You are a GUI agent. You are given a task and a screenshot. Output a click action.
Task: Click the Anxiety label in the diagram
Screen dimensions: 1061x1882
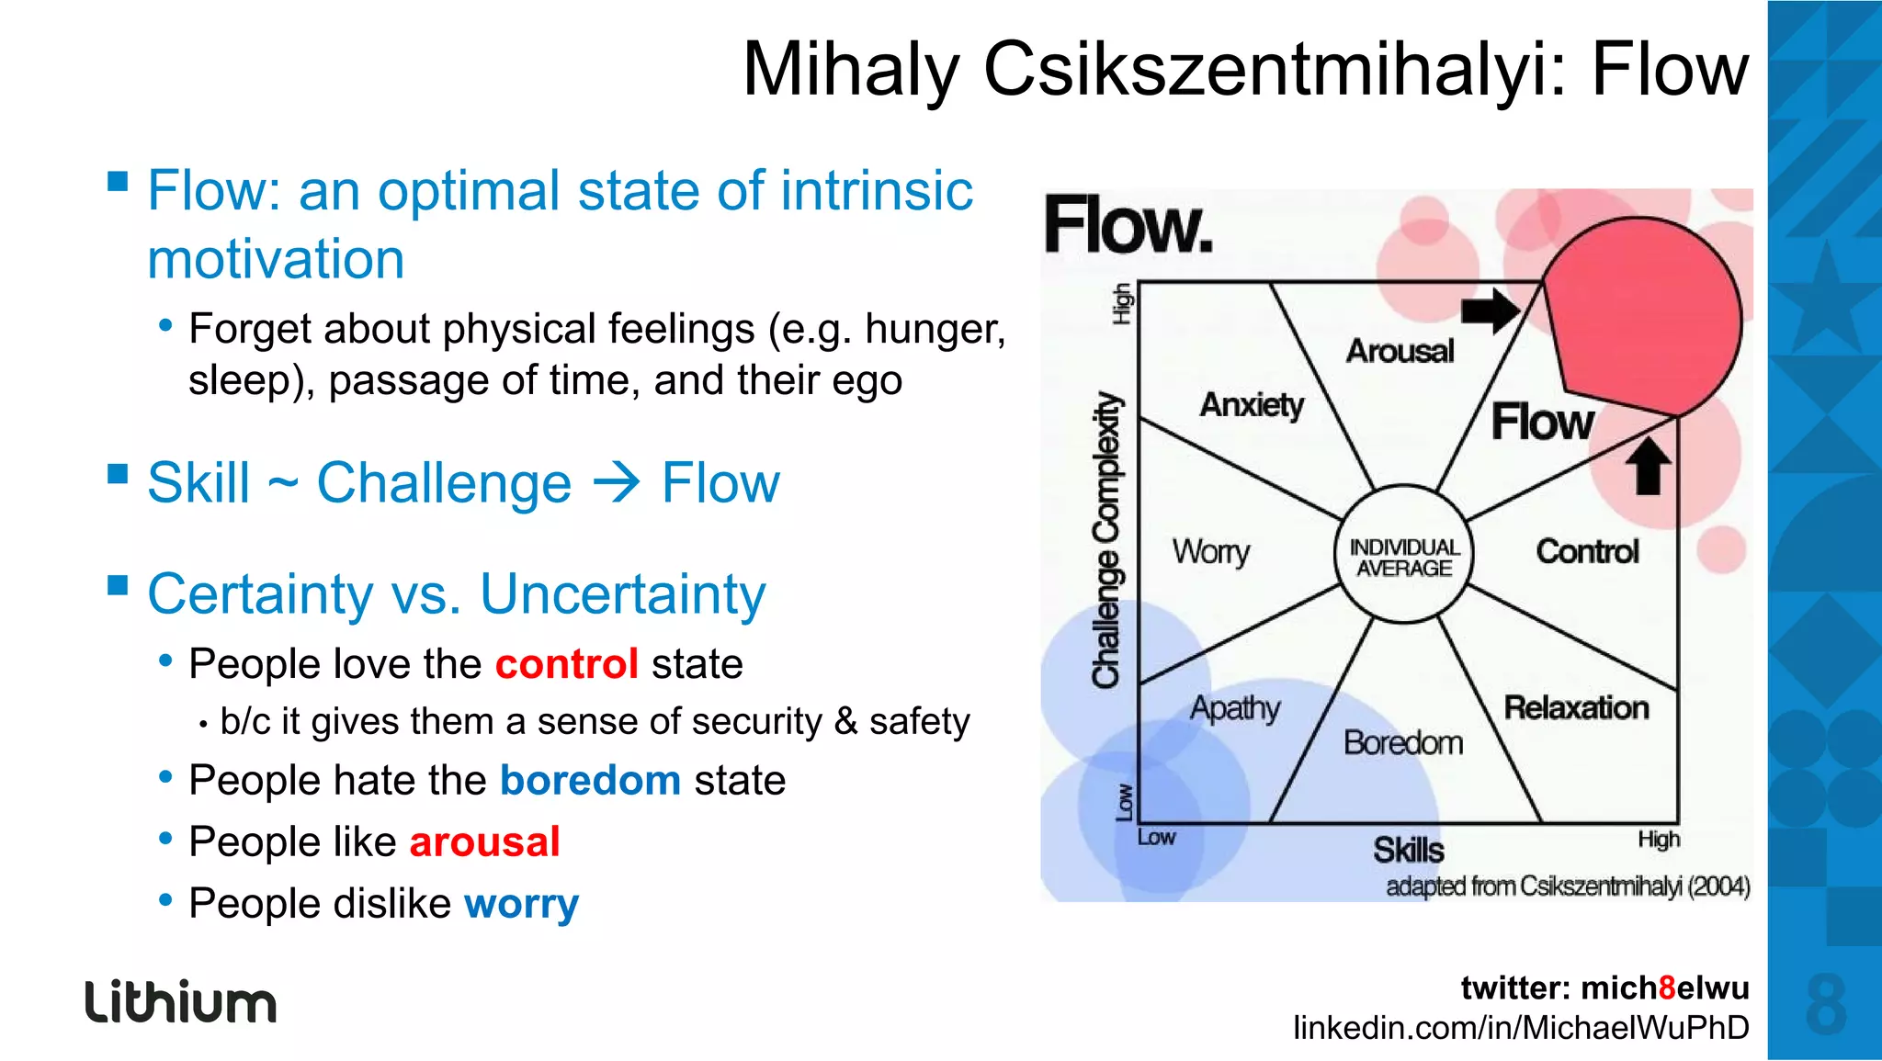[x=1252, y=404]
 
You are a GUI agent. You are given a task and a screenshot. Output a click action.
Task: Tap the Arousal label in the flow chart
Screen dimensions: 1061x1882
[x=1400, y=351]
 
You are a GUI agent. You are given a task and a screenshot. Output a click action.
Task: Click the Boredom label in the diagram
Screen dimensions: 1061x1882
[x=1402, y=742]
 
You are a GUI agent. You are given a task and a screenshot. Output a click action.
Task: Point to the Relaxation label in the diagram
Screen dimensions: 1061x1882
[x=1576, y=707]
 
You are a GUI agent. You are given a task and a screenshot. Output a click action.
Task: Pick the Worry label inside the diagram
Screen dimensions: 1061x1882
[x=1210, y=551]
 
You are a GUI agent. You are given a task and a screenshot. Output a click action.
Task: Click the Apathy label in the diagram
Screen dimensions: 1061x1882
[x=1235, y=708]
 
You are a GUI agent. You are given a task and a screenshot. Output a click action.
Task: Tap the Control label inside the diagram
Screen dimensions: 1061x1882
[x=1587, y=551]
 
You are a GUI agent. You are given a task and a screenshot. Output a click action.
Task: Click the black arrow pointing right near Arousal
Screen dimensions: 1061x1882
[x=1490, y=310]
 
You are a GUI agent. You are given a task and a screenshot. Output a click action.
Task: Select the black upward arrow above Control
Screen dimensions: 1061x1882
[x=1648, y=466]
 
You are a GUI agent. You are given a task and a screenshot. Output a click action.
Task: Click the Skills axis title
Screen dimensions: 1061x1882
[x=1408, y=850]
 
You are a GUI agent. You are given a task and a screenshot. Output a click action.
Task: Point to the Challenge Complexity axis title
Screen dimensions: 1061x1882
[x=1107, y=540]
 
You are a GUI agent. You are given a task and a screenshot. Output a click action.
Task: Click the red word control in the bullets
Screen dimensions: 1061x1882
[x=567, y=663]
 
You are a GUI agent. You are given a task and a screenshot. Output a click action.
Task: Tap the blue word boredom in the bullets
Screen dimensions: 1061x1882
[x=590, y=780]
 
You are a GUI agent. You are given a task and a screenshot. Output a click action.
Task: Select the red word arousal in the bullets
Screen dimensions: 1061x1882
[x=484, y=841]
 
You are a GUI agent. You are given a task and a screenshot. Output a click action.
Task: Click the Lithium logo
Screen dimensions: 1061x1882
[x=181, y=1001]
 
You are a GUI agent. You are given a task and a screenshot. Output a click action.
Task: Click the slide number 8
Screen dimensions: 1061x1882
[x=1825, y=1005]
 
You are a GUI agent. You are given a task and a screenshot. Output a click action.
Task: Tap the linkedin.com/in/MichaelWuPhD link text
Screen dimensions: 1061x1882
[x=1521, y=1027]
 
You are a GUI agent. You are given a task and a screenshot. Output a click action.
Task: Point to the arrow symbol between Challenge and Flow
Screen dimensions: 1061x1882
[x=616, y=483]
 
